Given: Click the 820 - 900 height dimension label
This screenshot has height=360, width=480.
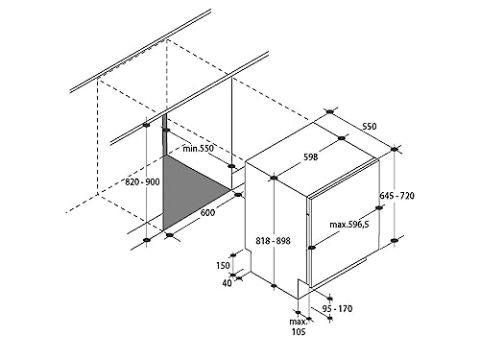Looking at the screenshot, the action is point(142,182).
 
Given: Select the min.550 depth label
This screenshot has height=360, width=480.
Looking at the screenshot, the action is point(198,148).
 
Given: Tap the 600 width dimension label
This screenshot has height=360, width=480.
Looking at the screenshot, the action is point(208,212).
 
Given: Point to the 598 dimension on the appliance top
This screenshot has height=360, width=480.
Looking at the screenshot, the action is point(311,156).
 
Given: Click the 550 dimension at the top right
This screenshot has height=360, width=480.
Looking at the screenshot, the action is point(370,126).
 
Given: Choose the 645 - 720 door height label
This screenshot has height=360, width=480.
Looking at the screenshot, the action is point(396,195).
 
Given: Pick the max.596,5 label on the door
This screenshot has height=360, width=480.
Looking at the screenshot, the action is point(349,225).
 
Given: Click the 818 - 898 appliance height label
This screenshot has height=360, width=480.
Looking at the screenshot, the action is point(273,240).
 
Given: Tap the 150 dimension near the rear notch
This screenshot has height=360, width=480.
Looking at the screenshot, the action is point(223,265).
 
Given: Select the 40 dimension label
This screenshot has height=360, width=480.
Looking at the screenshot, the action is point(227,283).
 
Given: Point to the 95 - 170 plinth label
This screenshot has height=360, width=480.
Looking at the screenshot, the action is point(337,309).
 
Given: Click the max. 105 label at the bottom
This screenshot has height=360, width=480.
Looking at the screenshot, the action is point(298,326).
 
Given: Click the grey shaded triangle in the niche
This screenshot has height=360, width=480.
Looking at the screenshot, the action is point(184,189).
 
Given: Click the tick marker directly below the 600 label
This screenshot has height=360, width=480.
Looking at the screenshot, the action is point(170,235).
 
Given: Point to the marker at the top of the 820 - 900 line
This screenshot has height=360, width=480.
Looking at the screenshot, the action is point(146,125).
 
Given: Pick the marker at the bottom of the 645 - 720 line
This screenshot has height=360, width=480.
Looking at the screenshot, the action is point(395,240).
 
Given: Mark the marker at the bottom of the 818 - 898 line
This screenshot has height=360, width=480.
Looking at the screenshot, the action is point(274,286).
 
